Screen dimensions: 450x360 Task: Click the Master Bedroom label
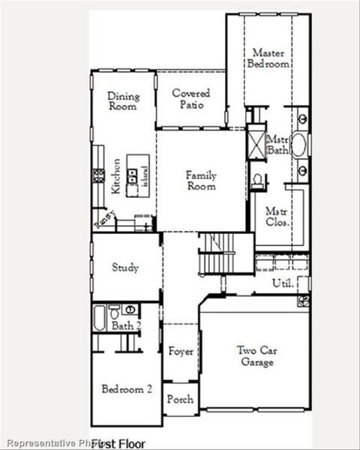pyautogui.click(x=268, y=58)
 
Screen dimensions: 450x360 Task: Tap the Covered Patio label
pyautogui.click(x=190, y=99)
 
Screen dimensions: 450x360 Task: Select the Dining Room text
pyautogui.click(x=123, y=101)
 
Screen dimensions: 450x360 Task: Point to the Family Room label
pyautogui.click(x=201, y=181)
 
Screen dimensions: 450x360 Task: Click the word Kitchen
pyautogui.click(x=116, y=176)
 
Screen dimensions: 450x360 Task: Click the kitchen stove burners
pyautogui.click(x=97, y=175)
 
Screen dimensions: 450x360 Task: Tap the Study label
pyautogui.click(x=125, y=268)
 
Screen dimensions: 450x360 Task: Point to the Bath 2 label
pyautogui.click(x=126, y=325)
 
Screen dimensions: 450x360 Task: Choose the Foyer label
pyautogui.click(x=181, y=351)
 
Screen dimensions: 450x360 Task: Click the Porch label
pyautogui.click(x=180, y=399)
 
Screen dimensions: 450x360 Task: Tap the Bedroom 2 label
pyautogui.click(x=127, y=389)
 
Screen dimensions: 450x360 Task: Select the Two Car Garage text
pyautogui.click(x=256, y=356)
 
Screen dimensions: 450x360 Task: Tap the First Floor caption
pyautogui.click(x=118, y=444)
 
